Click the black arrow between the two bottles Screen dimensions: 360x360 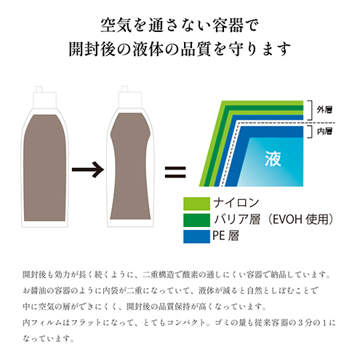coord(88,169)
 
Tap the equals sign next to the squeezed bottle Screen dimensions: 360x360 coord(175,172)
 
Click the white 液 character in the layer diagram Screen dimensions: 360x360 coord(273,159)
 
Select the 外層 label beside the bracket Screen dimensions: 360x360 coord(324,110)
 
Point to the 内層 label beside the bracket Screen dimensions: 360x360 coord(324,131)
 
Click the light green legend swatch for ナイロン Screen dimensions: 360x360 coord(196,204)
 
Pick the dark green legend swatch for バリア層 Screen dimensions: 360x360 coord(196,220)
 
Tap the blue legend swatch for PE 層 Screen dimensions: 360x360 coord(196,236)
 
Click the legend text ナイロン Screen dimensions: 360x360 coord(236,203)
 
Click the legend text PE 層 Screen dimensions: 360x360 coord(225,236)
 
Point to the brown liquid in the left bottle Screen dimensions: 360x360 coord(44,168)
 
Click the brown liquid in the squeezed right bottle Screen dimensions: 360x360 coord(130,167)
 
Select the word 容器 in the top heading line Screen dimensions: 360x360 coord(228,25)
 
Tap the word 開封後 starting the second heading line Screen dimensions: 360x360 coord(92,49)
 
